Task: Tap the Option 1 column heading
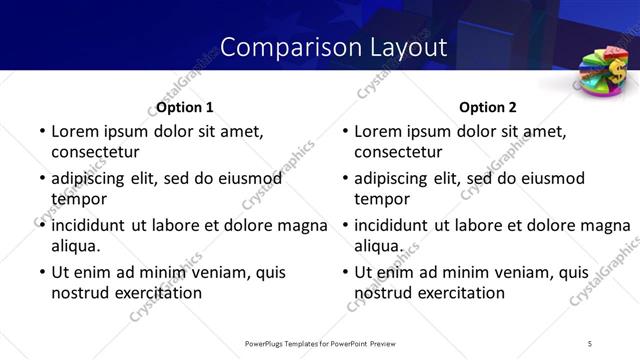coord(185,107)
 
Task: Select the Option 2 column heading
coord(488,107)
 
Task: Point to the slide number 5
coord(590,343)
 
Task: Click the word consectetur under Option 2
coord(398,152)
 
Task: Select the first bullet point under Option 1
coord(41,132)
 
